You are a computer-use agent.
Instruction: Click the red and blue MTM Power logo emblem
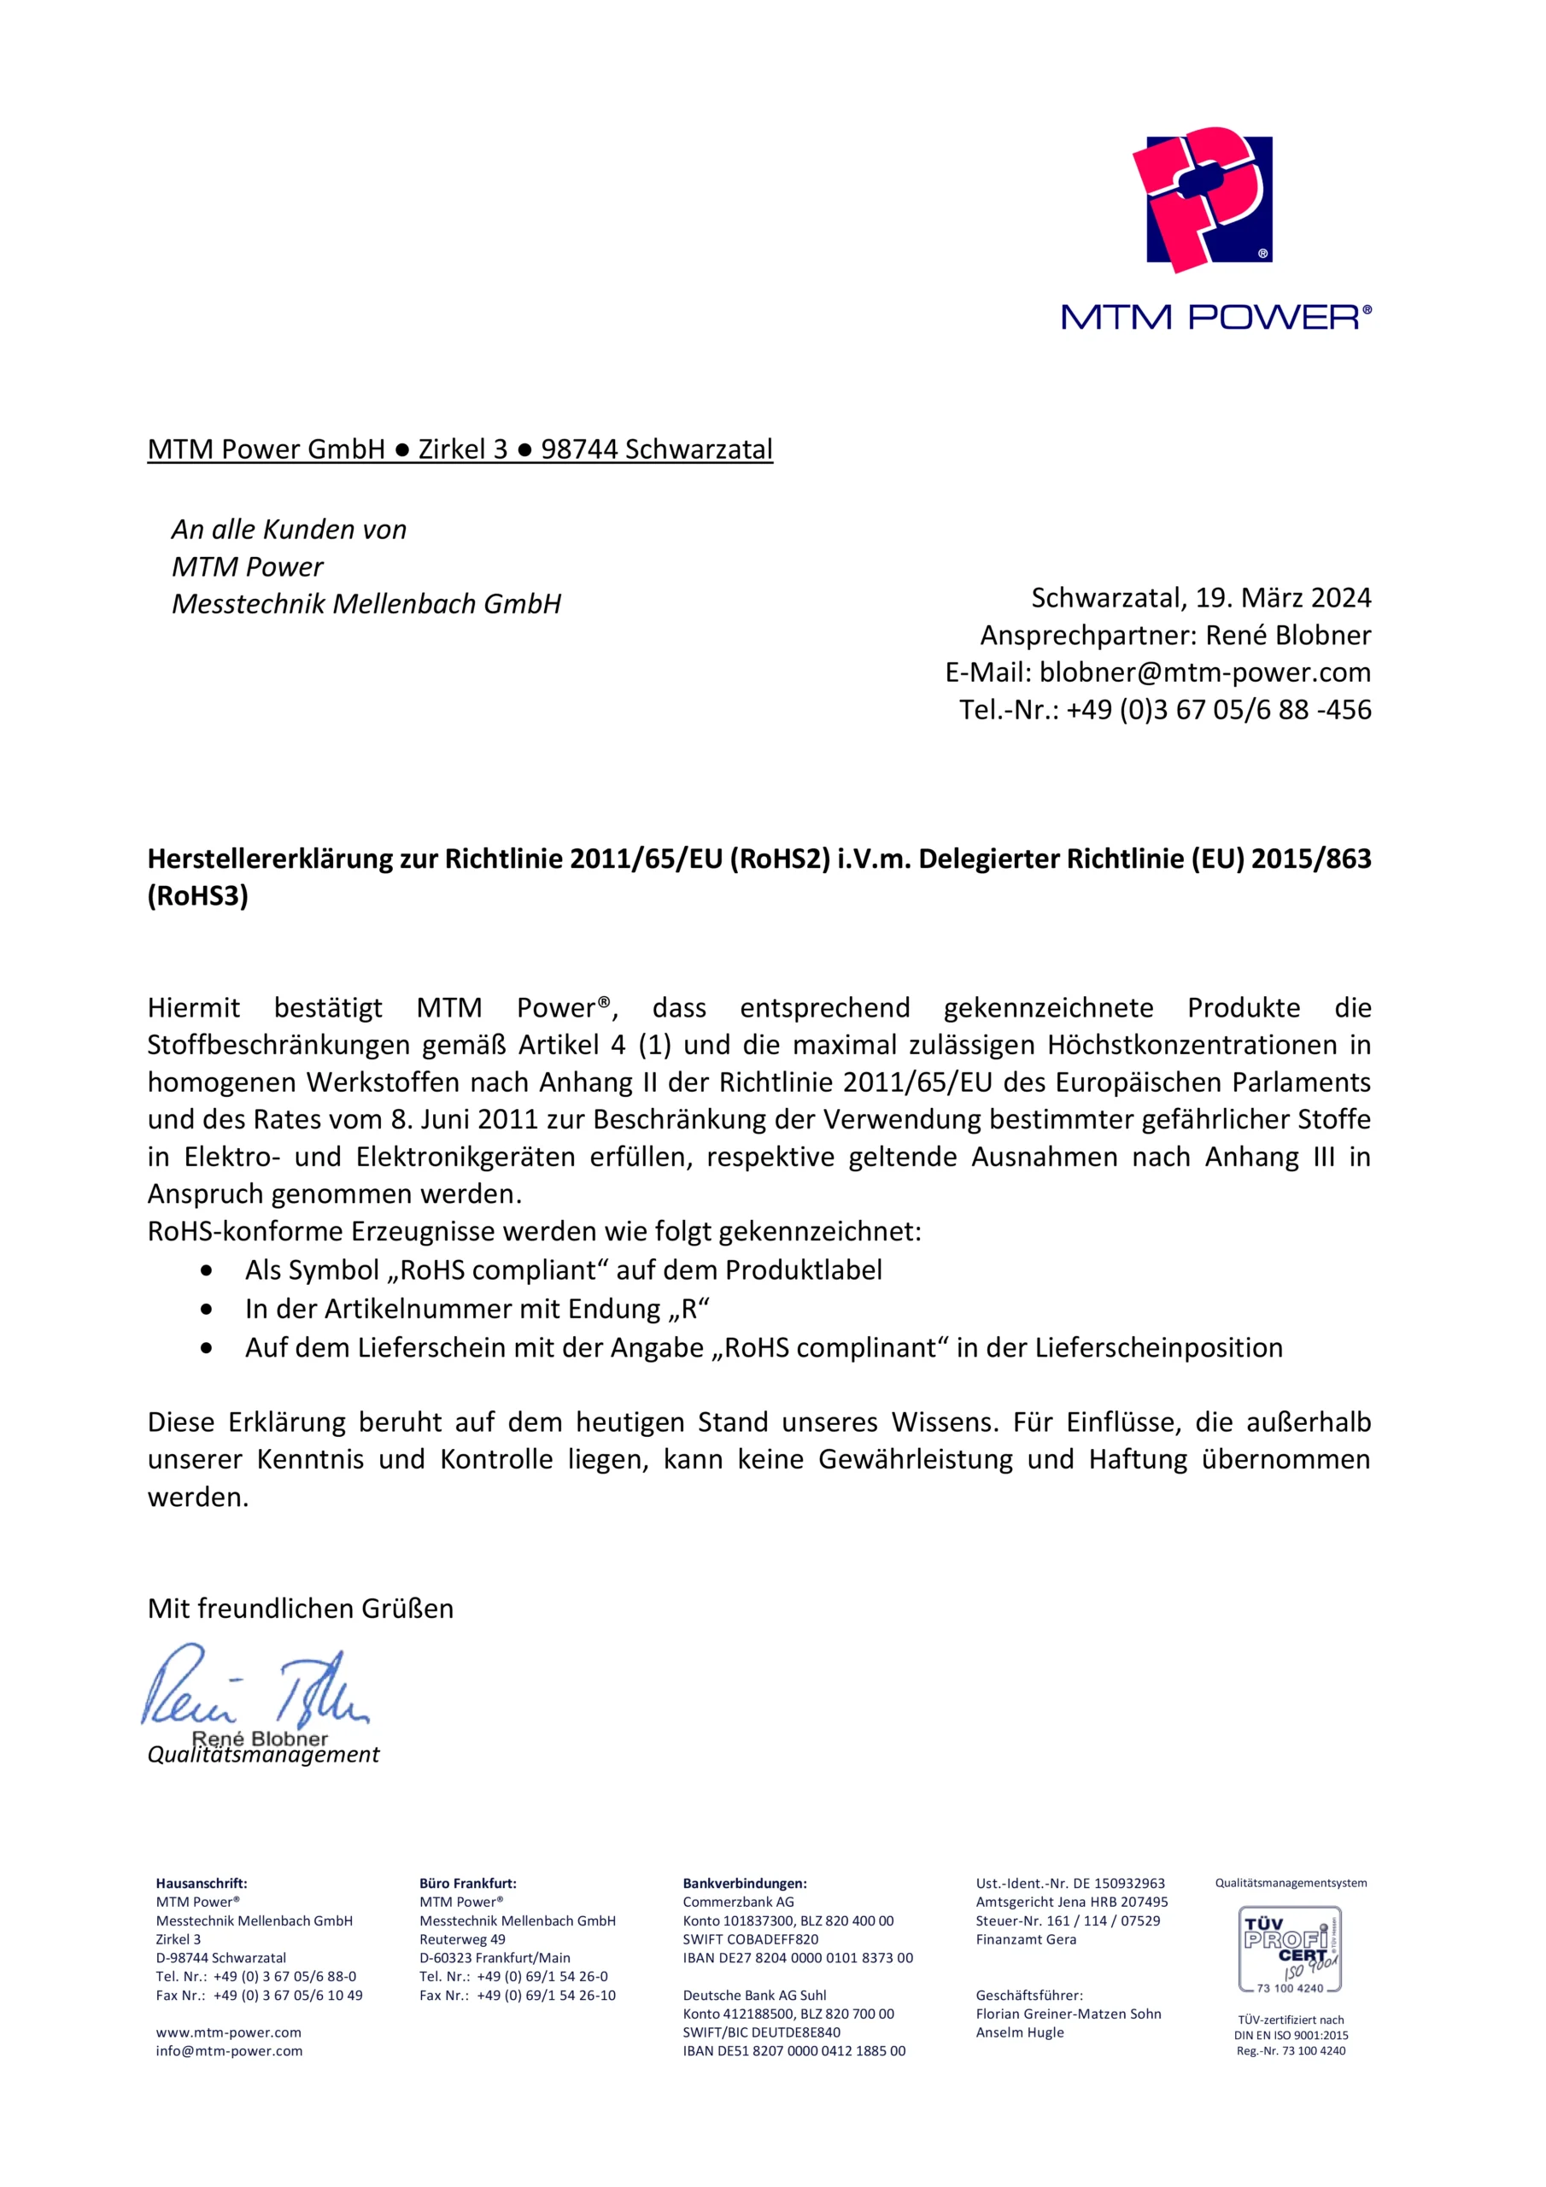click(x=1202, y=199)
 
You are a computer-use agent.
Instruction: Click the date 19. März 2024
click(x=1283, y=598)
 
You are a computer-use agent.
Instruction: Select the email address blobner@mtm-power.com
click(x=1204, y=672)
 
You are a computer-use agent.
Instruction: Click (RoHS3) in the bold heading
click(x=197, y=896)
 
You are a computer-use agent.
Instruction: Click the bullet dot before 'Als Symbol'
click(x=207, y=1270)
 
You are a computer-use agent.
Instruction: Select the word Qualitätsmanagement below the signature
click(x=264, y=1755)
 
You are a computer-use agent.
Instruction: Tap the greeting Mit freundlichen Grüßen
click(x=300, y=1609)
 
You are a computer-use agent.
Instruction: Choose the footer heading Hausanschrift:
click(x=201, y=1883)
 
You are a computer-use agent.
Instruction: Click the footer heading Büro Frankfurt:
click(x=468, y=1883)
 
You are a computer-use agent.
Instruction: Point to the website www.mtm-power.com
click(x=229, y=2032)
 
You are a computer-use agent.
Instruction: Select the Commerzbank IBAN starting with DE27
click(x=797, y=1958)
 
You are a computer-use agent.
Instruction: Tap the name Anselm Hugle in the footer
click(x=1019, y=2032)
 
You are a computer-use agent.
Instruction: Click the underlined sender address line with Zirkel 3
click(x=460, y=449)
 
